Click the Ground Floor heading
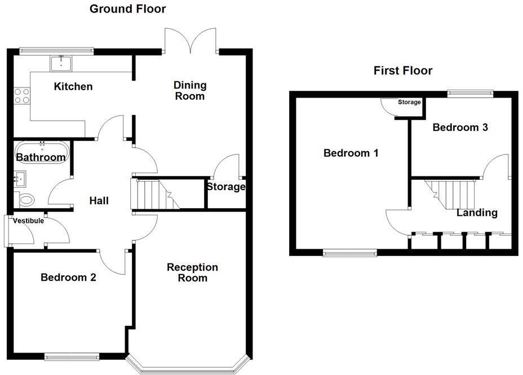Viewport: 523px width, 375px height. click(x=128, y=9)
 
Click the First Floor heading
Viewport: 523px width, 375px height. click(x=403, y=70)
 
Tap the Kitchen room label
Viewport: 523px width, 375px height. click(x=73, y=86)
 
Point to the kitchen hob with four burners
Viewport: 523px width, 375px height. click(x=22, y=95)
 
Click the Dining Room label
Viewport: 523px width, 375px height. click(x=190, y=90)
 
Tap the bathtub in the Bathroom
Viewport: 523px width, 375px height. click(x=41, y=152)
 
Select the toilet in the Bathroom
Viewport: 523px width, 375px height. click(x=26, y=199)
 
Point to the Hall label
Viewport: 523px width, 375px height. click(x=99, y=201)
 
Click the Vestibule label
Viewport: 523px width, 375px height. click(x=29, y=221)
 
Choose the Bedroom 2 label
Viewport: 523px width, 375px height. click(x=68, y=277)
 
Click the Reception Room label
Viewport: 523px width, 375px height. click(x=192, y=272)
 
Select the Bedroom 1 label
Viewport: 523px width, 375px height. click(x=351, y=153)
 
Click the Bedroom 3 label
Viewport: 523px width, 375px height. click(x=460, y=127)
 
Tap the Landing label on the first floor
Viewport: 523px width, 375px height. click(x=477, y=213)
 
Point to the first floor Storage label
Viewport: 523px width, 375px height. click(x=409, y=102)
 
